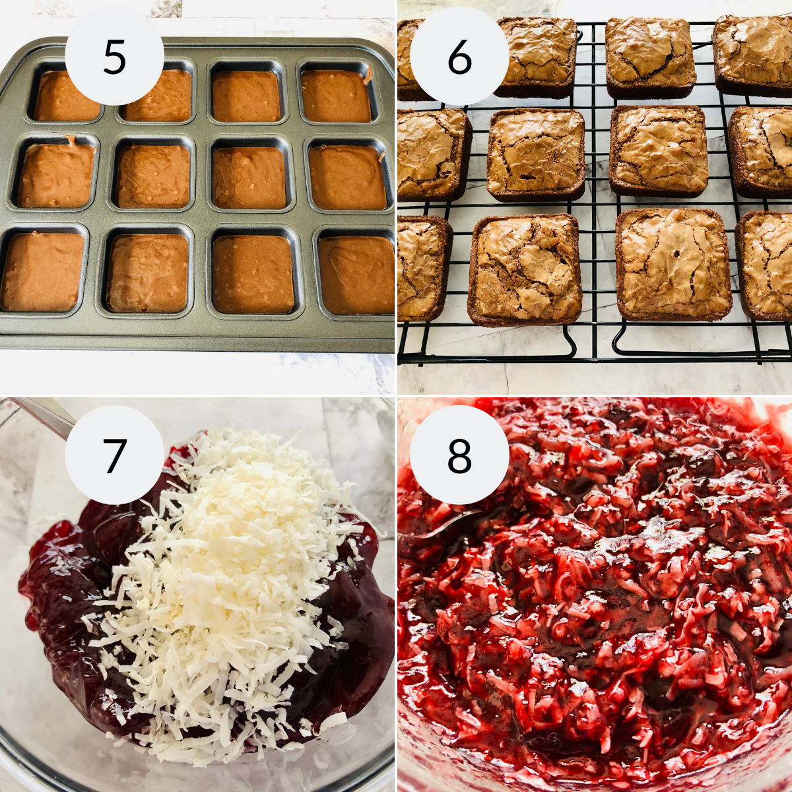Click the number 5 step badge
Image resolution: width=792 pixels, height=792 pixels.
[x=114, y=57]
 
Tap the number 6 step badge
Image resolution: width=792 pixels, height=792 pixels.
[x=459, y=57]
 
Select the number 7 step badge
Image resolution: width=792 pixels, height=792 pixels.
[x=114, y=455]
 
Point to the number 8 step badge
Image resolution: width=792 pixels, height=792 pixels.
[x=459, y=455]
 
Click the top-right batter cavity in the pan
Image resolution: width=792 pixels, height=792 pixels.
[x=337, y=96]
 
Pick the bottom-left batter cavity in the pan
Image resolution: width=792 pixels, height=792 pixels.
[x=44, y=271]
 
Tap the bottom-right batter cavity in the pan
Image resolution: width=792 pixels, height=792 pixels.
[x=356, y=275]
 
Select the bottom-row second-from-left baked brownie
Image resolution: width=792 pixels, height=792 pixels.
[x=525, y=270]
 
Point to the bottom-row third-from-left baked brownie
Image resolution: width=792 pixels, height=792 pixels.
[x=673, y=264]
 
